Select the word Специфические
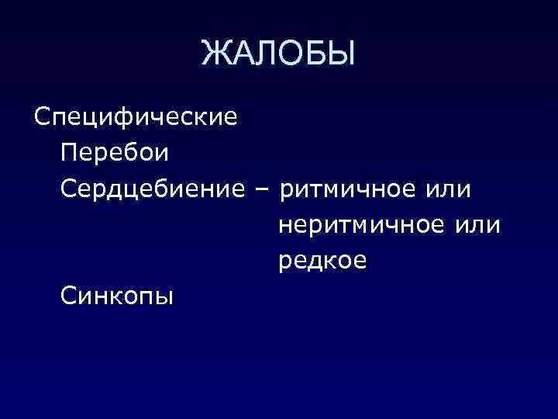point(136,118)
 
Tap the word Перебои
point(112,154)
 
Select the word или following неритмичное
point(478,225)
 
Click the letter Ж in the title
point(215,54)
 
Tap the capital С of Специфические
point(42,118)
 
